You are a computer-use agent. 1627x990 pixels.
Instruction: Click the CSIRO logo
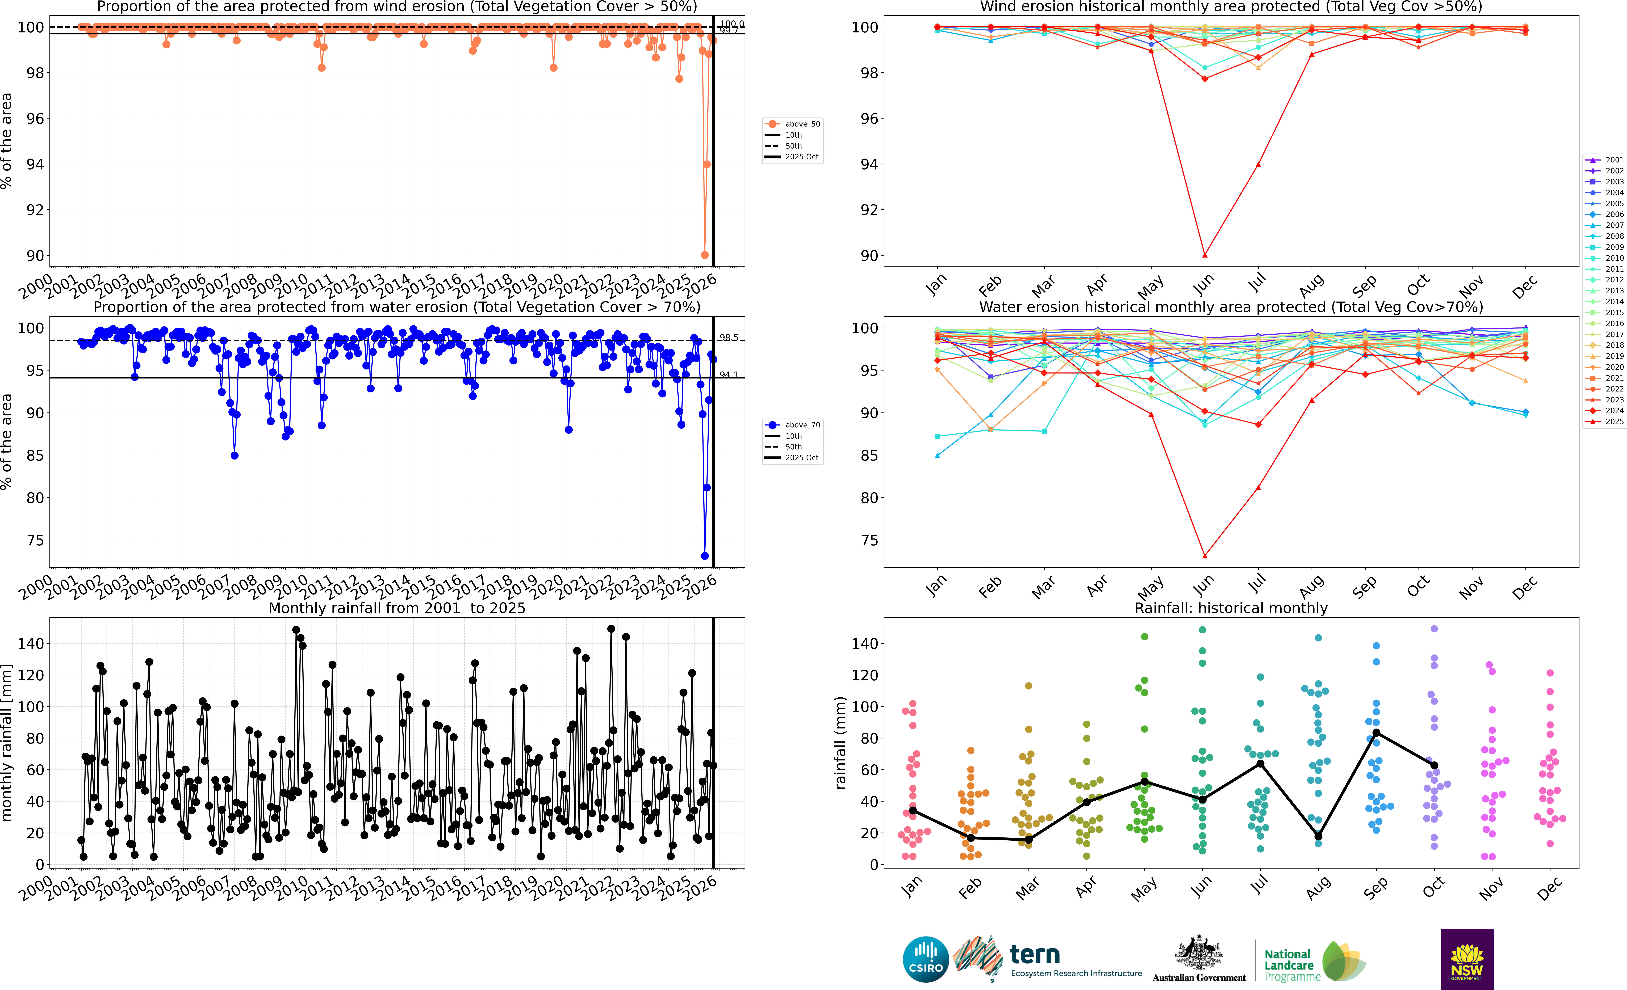pos(925,959)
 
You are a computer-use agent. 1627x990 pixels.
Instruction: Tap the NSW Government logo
pos(1467,959)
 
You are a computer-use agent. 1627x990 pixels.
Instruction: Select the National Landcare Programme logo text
pos(1288,965)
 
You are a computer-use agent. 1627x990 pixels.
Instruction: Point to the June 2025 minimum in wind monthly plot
pos(1204,255)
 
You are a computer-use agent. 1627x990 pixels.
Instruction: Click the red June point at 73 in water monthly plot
pos(1204,556)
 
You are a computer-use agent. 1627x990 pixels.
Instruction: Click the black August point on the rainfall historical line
pos(1318,836)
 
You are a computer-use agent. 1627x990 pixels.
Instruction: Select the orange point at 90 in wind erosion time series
pos(705,255)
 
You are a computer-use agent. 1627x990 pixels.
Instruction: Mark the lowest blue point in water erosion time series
pos(705,556)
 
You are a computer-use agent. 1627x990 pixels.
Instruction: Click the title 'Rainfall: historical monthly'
pos(1231,608)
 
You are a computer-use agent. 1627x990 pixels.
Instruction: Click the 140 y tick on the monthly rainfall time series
pos(31,643)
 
